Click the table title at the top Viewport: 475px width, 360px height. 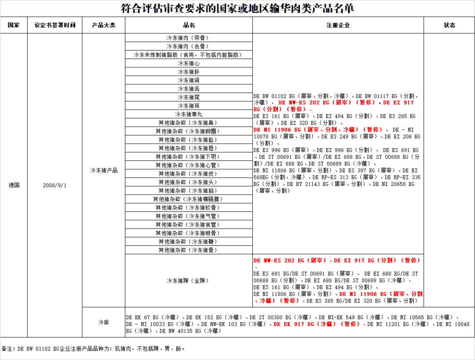pyautogui.click(x=237, y=8)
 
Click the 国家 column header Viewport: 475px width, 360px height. pyautogui.click(x=14, y=25)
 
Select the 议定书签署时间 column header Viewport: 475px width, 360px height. pyautogui.click(x=55, y=25)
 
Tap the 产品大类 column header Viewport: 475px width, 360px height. pyautogui.click(x=103, y=25)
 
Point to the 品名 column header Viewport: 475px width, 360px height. pyautogui.click(x=189, y=25)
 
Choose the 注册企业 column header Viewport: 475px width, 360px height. pyautogui.click(x=338, y=25)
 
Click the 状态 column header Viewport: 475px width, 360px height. pyautogui.click(x=449, y=25)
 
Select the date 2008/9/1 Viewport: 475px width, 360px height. pyautogui.click(x=55, y=185)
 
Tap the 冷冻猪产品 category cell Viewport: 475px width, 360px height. pyautogui.click(x=103, y=170)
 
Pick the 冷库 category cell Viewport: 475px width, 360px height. pyautogui.click(x=103, y=322)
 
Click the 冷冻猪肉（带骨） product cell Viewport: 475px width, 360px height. pyautogui.click(x=189, y=38)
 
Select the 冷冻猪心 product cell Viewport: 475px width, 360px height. pyautogui.click(x=189, y=63)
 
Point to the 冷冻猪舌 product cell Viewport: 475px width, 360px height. pyautogui.click(x=189, y=89)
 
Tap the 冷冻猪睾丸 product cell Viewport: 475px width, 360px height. pyautogui.click(x=189, y=114)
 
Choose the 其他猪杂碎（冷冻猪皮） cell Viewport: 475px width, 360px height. pyautogui.click(x=189, y=174)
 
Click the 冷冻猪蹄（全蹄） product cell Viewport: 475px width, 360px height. pyautogui.click(x=189, y=280)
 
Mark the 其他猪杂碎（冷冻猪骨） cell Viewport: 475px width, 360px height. pyautogui.click(x=189, y=250)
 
